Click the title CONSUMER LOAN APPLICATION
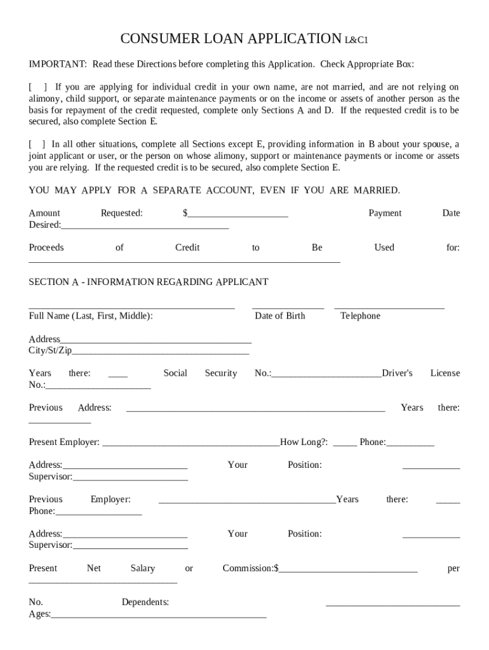pos(231,39)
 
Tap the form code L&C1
pos(356,41)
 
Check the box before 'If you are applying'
pos(37,87)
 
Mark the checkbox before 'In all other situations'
pos(36,144)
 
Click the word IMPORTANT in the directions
pos(57,64)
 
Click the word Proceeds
pos(46,248)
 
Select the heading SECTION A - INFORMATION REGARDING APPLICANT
pos(149,282)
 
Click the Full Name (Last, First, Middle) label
pos(91,316)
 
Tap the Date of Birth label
pos(279,316)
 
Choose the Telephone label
pos(360,316)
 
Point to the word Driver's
pos(398,373)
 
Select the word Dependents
pos(145,602)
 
